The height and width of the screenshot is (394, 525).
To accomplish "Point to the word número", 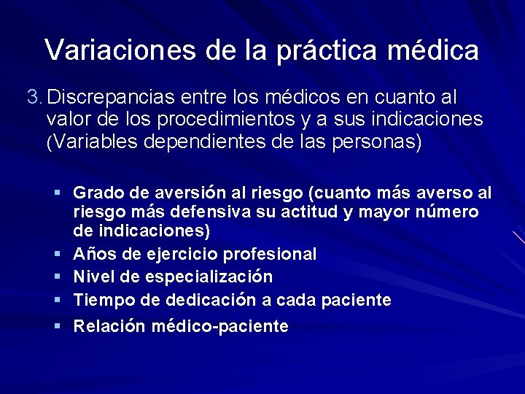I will (448, 212).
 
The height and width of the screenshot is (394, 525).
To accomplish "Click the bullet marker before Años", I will (57, 254).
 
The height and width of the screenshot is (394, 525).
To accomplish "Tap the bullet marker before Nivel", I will (57, 277).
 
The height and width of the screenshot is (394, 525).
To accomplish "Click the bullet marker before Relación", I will (57, 325).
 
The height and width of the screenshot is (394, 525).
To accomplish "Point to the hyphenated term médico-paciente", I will (219, 326).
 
